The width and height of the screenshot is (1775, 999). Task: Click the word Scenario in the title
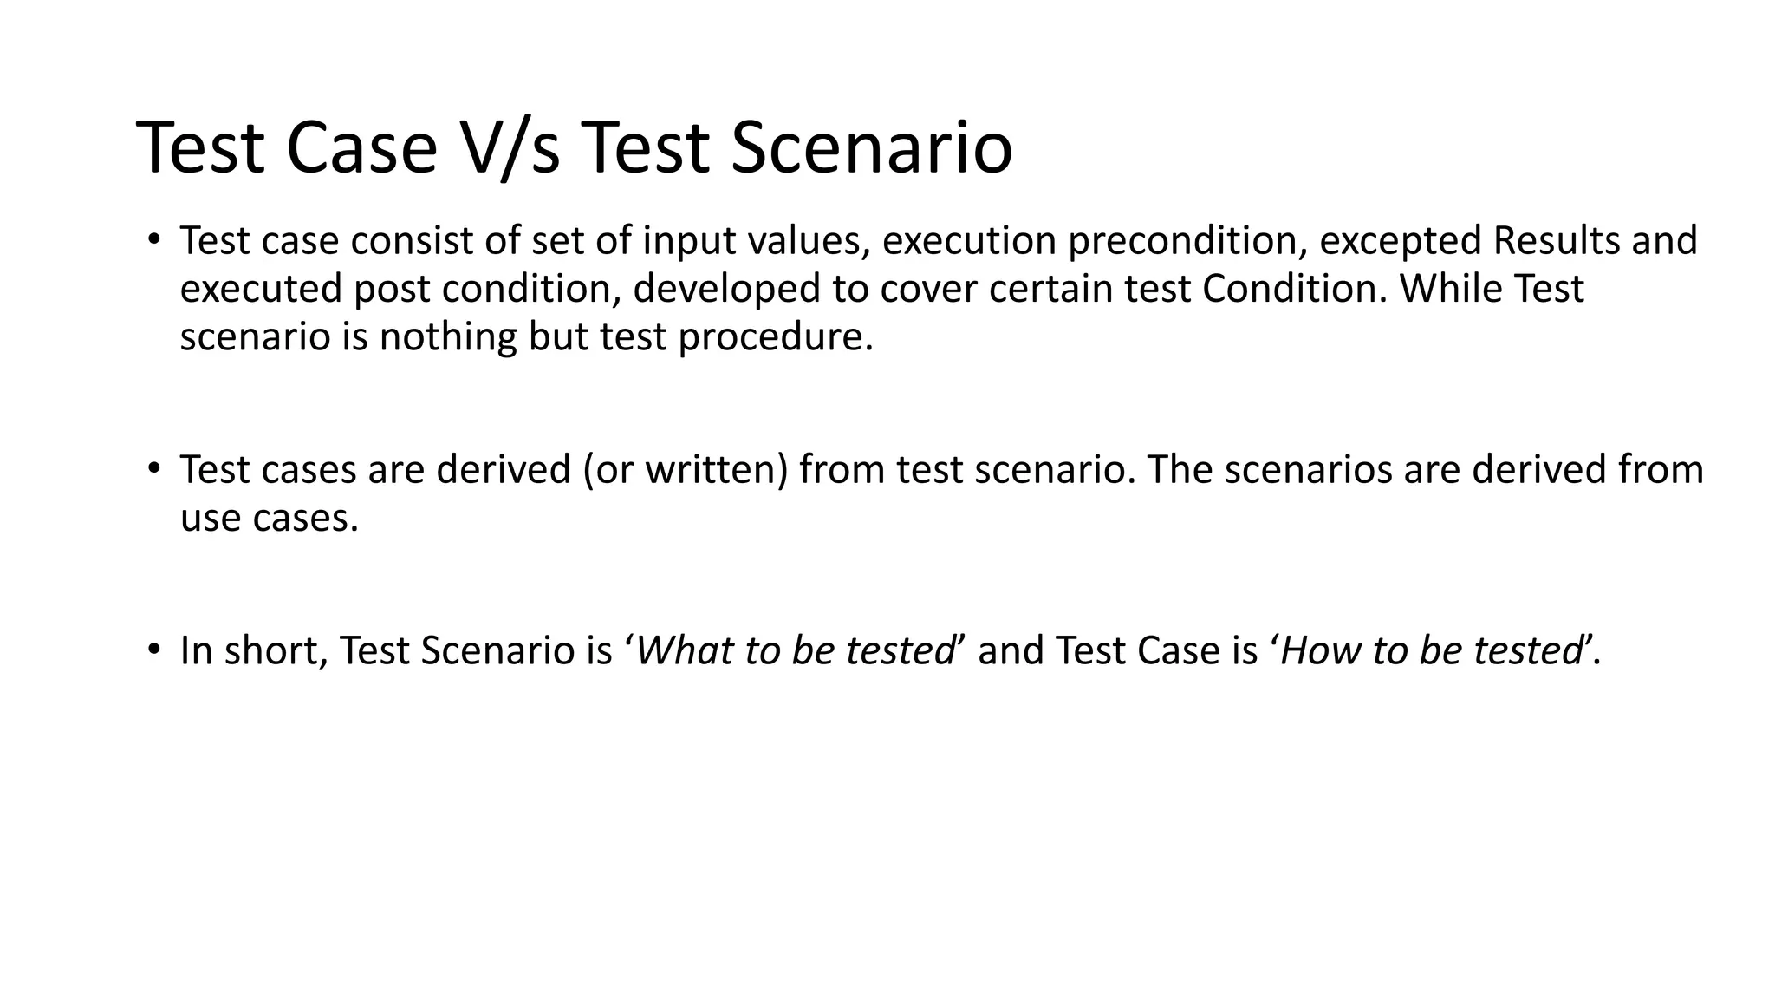click(871, 148)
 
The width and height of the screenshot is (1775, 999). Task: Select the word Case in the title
click(361, 148)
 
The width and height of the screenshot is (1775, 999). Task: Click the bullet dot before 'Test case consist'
click(153, 238)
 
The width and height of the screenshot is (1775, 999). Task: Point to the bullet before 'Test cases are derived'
click(153, 468)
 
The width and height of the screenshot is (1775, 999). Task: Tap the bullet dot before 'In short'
click(153, 649)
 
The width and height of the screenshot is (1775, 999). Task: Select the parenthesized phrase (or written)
click(686, 470)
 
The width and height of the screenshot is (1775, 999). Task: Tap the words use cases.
click(269, 518)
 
